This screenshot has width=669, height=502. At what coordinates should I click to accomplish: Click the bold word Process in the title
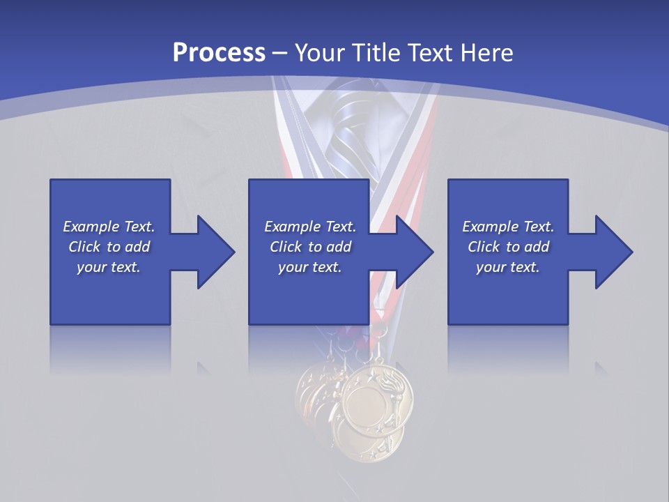[x=219, y=52]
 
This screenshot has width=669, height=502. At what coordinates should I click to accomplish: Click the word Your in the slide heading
[x=320, y=52]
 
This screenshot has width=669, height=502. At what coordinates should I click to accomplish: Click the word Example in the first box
[x=91, y=227]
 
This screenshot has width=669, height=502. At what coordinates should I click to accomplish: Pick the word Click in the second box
[x=285, y=247]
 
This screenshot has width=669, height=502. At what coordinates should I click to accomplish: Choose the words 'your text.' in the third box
[x=507, y=267]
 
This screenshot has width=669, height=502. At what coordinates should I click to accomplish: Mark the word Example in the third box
[x=491, y=227]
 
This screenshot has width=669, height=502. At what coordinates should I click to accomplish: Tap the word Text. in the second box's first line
[x=341, y=227]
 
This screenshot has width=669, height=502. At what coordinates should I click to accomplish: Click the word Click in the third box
[x=483, y=247]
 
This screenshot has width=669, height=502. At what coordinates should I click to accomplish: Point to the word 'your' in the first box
[x=91, y=267]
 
